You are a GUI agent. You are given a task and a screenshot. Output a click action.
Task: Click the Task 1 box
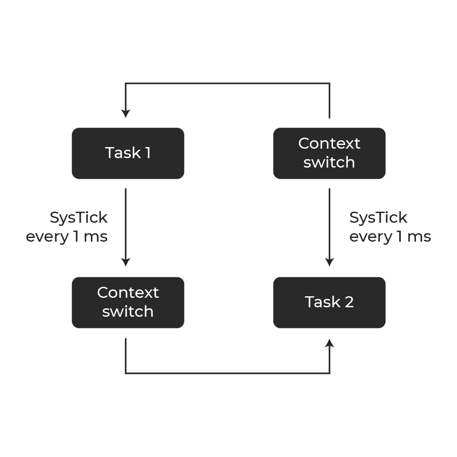128,153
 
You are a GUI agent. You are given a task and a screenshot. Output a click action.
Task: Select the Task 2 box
329,303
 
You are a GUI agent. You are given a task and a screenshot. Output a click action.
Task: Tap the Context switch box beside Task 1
329,153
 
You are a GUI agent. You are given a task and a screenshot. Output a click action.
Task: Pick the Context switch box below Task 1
128,303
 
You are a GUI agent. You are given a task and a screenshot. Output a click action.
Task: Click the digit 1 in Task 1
148,153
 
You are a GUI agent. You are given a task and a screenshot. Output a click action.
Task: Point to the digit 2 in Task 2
349,302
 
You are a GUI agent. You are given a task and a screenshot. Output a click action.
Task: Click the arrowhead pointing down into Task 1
126,113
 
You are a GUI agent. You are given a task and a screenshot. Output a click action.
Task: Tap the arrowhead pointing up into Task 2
329,343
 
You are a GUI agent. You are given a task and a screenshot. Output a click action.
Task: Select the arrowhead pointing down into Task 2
329,262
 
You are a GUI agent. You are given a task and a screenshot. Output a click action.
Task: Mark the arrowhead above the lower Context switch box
126,262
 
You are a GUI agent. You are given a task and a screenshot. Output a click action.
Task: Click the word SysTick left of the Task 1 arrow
79,218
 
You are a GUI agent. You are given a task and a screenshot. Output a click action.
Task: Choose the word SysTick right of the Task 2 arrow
378,218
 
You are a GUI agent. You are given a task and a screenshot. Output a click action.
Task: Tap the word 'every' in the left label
47,237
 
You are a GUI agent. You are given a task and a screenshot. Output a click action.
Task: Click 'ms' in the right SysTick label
419,237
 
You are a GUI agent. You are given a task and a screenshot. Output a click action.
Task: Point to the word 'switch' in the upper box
329,162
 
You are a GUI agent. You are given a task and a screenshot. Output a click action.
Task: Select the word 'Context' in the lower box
128,293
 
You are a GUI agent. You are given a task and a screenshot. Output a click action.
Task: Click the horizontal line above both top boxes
227,84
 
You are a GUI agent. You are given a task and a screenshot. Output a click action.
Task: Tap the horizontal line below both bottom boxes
227,373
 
